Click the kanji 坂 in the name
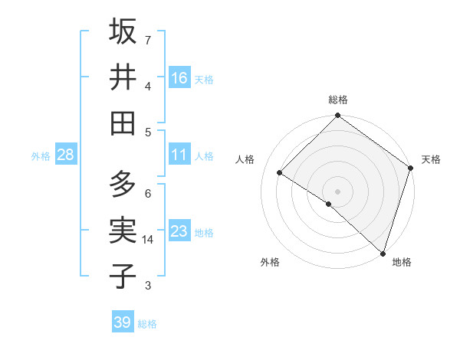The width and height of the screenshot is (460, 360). point(123,31)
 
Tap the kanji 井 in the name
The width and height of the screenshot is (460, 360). point(123,77)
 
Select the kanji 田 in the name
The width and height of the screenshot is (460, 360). point(123,123)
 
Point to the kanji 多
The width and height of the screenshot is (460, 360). point(123,185)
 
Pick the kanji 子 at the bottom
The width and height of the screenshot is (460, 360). point(123,277)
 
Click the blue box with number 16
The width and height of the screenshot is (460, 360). point(179,78)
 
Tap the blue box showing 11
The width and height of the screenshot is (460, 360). point(179,155)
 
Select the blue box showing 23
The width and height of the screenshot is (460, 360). point(179,231)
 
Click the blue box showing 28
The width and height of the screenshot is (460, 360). point(66,155)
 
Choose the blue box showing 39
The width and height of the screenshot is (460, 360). point(123,322)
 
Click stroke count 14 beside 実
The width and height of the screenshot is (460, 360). point(149,240)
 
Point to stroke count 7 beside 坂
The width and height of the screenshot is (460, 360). point(148,40)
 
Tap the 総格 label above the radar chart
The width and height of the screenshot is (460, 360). point(338,100)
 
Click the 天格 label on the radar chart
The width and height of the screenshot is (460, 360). point(431,159)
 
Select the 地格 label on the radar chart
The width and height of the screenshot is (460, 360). point(402,262)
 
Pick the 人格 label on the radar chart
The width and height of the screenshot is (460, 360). point(245,159)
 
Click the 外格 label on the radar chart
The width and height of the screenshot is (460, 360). point(270,262)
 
